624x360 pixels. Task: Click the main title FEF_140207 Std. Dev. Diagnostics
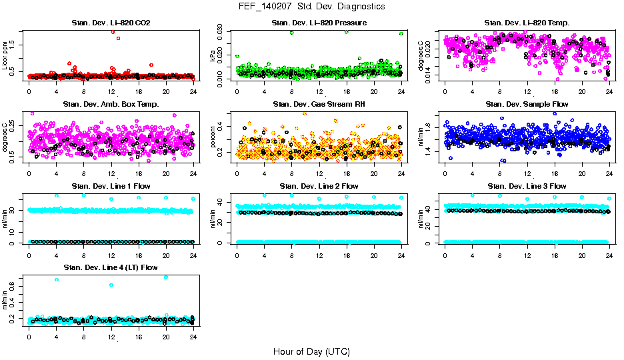pos(311,7)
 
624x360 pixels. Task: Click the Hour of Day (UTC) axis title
pos(311,351)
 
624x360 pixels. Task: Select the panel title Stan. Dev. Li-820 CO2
pos(111,23)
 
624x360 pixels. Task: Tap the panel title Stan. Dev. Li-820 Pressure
pos(319,23)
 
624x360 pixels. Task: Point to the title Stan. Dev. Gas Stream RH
pos(319,105)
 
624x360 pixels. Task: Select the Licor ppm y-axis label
pos(5,56)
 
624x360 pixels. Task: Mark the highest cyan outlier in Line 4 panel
pos(165,277)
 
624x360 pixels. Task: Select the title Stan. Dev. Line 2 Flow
pos(319,186)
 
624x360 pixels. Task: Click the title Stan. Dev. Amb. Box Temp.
pos(111,105)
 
